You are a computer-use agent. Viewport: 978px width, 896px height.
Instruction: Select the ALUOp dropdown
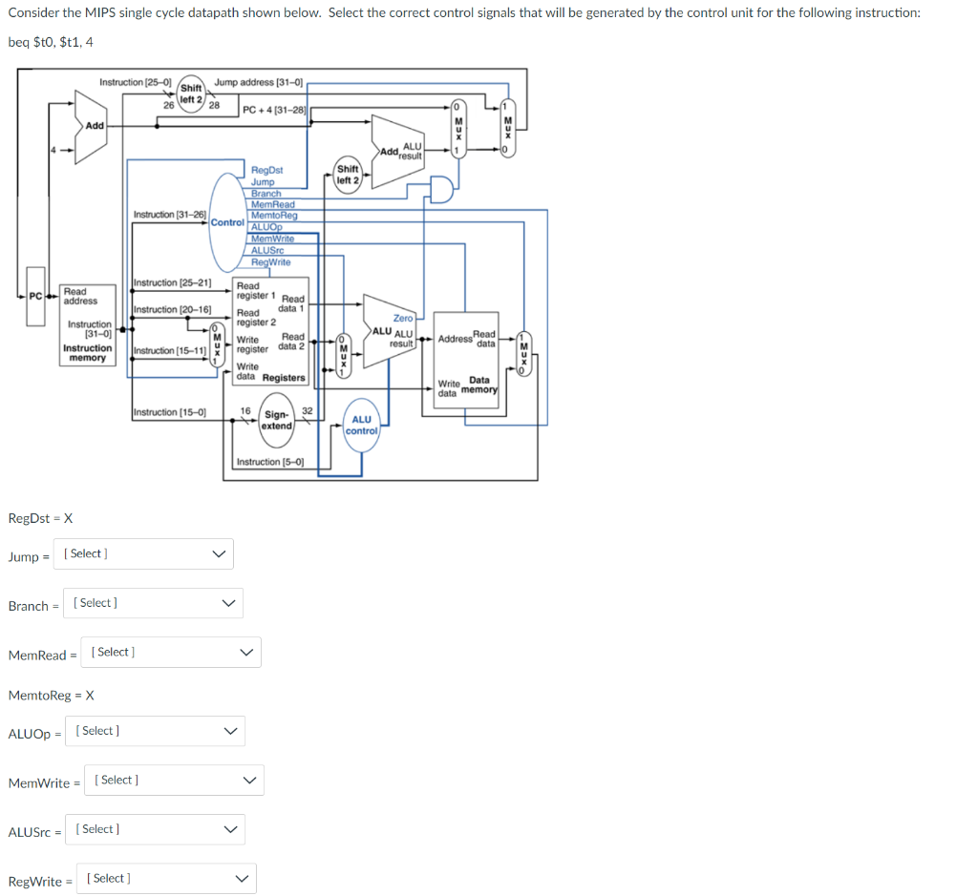[x=159, y=732]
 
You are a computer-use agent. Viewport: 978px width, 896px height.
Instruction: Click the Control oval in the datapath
[x=227, y=221]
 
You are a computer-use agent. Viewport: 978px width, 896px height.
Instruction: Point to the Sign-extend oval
[x=276, y=420]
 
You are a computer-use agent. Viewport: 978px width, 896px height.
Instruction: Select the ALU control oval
[x=362, y=425]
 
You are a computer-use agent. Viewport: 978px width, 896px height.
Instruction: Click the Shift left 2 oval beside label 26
[x=191, y=94]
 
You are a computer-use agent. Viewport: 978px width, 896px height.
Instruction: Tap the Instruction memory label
[x=87, y=352]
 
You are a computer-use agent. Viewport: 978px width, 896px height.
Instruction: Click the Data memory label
[x=478, y=385]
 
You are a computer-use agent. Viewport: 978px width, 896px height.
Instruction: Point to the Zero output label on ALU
[x=403, y=318]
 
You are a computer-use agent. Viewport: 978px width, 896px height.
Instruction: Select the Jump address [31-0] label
[x=258, y=83]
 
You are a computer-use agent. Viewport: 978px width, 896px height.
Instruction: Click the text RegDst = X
[x=40, y=518]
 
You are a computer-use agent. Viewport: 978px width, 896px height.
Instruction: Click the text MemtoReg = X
[x=51, y=696]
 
